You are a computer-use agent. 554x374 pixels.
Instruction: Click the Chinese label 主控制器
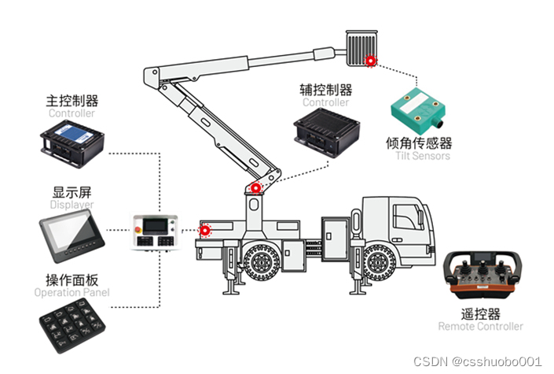click(x=72, y=102)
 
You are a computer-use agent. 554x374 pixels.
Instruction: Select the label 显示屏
click(x=72, y=191)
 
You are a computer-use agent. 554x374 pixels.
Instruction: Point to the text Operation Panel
click(x=72, y=293)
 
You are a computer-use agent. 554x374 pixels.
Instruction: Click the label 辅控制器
click(x=325, y=90)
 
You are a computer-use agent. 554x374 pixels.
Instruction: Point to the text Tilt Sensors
click(x=424, y=156)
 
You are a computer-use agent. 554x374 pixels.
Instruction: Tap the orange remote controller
click(x=480, y=279)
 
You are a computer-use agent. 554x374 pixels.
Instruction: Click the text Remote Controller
click(x=480, y=326)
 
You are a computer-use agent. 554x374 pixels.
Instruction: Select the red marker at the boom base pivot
click(x=255, y=188)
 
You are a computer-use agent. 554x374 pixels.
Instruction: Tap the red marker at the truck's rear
click(x=206, y=231)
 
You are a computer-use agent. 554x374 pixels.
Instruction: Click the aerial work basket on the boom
click(x=362, y=47)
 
